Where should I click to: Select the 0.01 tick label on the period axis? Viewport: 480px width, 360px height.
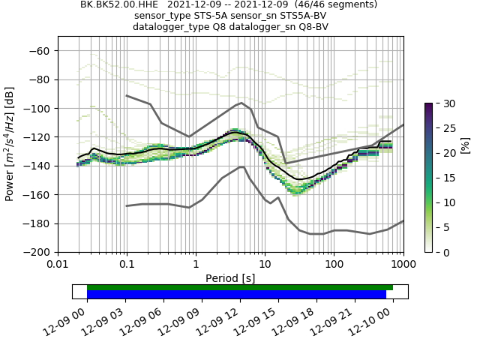click(x=58, y=265)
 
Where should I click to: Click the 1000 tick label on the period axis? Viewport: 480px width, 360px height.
click(x=403, y=265)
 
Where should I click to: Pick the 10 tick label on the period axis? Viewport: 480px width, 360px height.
click(x=265, y=265)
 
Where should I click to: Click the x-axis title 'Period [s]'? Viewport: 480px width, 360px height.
click(x=230, y=278)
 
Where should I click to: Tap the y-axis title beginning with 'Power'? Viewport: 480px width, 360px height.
click(x=10, y=145)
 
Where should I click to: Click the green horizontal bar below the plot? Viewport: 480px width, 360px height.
click(x=240, y=287)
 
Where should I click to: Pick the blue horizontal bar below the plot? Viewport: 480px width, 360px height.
click(x=236, y=295)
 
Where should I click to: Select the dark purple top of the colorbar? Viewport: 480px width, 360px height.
click(x=428, y=106)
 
